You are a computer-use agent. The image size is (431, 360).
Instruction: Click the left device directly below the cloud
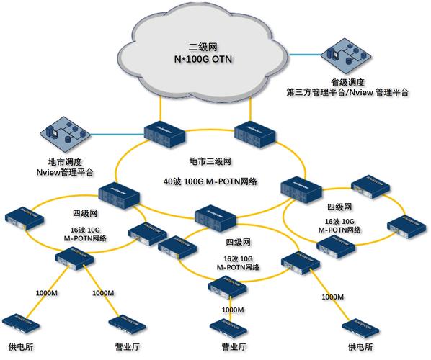[166, 133]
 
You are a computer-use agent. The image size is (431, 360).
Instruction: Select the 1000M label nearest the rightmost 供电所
[332, 296]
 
